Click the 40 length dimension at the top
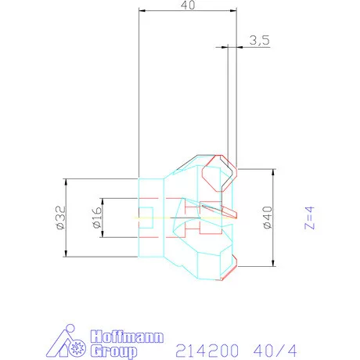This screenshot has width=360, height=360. point(187,5)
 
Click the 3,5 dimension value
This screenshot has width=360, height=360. point(259,41)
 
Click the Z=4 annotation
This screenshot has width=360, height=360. point(308,218)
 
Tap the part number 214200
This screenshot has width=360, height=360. point(206,348)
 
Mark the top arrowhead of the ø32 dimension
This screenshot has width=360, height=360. point(66,182)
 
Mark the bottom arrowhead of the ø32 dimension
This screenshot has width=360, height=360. point(66,254)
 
